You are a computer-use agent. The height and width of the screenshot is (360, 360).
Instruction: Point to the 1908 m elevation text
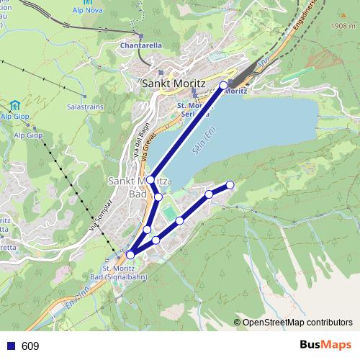pyautogui.click(x=343, y=25)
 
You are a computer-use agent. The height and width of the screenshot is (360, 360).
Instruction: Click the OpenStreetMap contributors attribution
pyautogui.click(x=293, y=323)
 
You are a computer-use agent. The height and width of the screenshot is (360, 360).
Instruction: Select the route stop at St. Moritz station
pyautogui.click(x=223, y=85)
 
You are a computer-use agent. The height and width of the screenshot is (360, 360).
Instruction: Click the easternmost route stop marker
pyautogui.click(x=230, y=185)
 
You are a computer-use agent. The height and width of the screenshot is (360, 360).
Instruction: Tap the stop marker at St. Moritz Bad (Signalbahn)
pyautogui.click(x=130, y=254)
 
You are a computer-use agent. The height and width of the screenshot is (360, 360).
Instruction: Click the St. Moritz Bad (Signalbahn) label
pyautogui.click(x=118, y=273)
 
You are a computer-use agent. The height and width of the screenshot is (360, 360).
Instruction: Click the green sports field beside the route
pyautogui.click(x=168, y=213)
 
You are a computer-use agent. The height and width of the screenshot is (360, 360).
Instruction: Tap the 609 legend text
pyautogui.click(x=30, y=346)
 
